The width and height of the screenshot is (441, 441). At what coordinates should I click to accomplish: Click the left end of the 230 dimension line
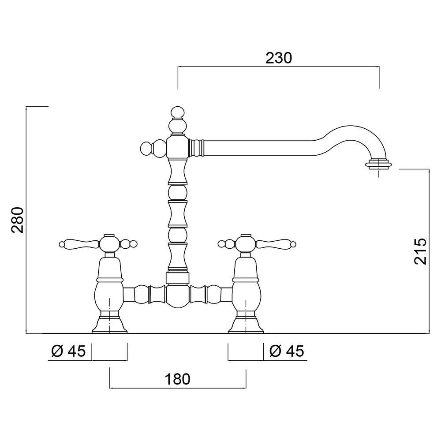[x=178, y=67]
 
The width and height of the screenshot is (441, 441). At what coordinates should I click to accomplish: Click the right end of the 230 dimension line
[x=380, y=67]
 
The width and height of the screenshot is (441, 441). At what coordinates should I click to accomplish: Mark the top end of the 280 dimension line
[x=26, y=107]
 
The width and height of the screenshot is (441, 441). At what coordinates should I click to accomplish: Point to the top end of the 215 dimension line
[x=429, y=169]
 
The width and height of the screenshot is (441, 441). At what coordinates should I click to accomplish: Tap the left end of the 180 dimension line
[x=110, y=388]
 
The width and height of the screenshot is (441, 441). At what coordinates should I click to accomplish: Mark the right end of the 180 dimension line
[x=246, y=388]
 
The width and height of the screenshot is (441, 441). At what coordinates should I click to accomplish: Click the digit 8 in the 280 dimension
[x=18, y=220]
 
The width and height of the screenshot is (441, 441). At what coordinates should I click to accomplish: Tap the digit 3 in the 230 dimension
[x=279, y=58]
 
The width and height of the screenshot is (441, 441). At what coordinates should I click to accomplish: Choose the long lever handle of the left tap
[x=79, y=243]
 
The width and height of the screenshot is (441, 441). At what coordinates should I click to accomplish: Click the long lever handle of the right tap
[x=276, y=243]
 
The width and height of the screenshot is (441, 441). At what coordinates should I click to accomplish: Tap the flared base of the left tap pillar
[x=110, y=325]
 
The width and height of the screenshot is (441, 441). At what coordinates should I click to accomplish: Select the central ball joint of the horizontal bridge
[x=177, y=297]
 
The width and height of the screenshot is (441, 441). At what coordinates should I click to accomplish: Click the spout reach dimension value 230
[x=279, y=58]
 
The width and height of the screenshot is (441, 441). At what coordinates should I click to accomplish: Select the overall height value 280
[x=18, y=220]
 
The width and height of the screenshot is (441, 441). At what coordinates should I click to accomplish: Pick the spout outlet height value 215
[x=420, y=251]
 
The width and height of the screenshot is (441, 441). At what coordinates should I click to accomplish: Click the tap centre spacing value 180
[x=177, y=379]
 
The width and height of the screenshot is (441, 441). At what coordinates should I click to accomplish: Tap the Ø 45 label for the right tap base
[x=287, y=351]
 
